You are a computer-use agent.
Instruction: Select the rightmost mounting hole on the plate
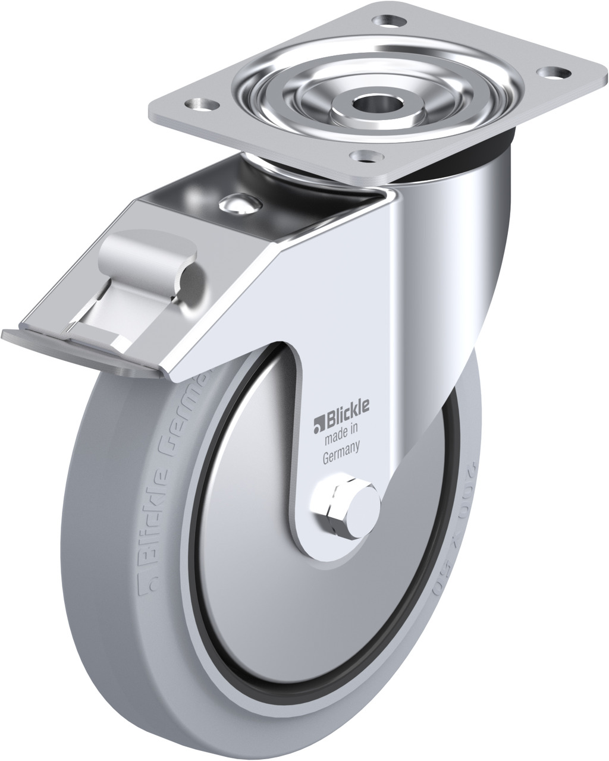coord(547,72)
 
